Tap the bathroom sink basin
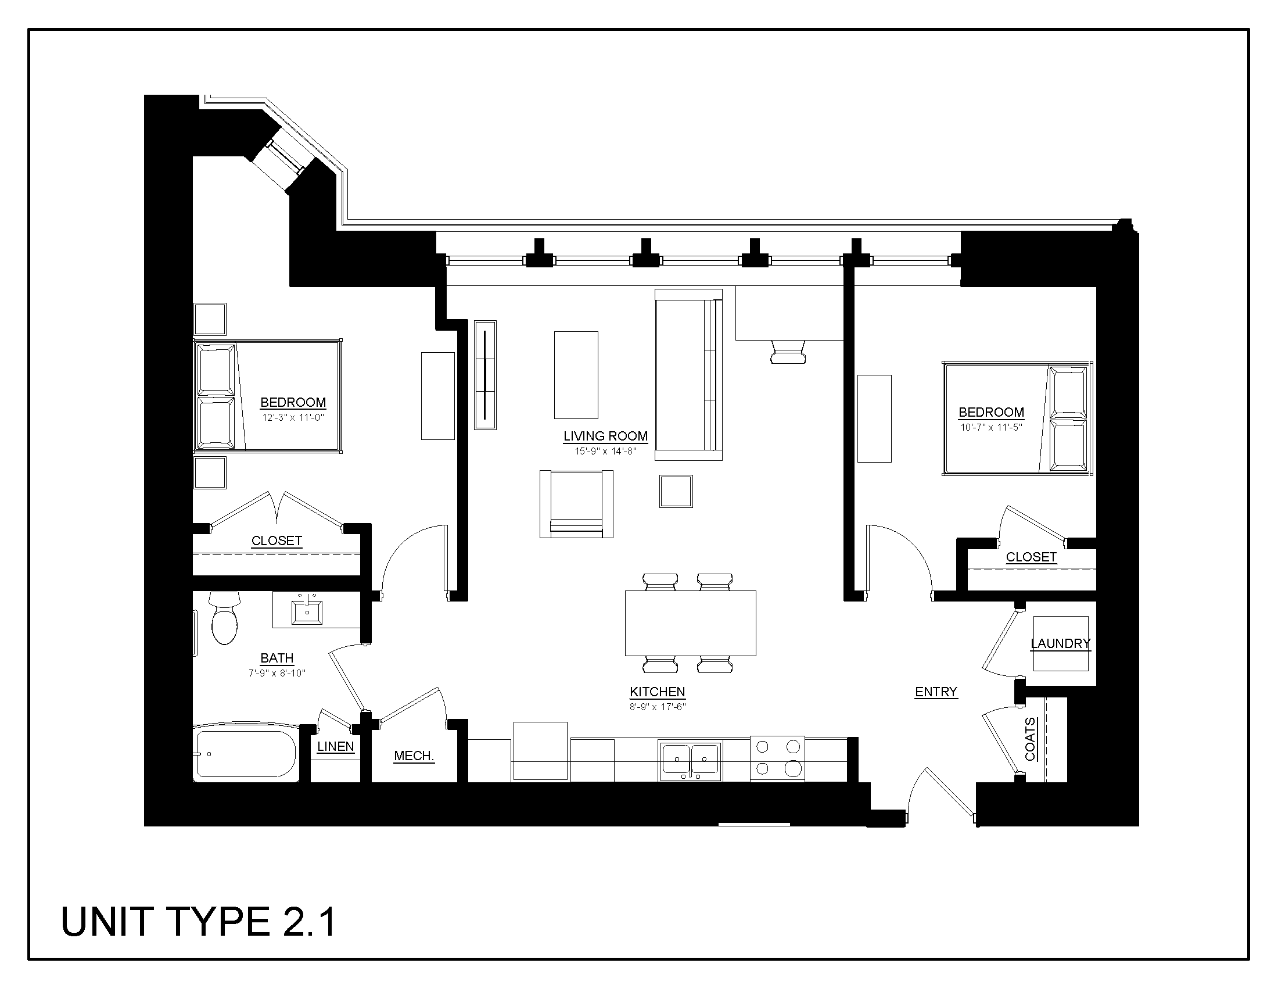tap(307, 612)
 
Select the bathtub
tap(246, 754)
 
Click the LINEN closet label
tap(335, 747)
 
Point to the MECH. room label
tap(414, 756)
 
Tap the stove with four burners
tap(778, 758)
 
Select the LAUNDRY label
tap(1060, 644)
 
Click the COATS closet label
tap(1031, 739)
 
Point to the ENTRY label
tap(936, 692)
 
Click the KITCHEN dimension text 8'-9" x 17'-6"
tap(657, 707)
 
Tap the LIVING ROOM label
tap(606, 436)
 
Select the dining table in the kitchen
tap(691, 623)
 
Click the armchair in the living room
tap(576, 504)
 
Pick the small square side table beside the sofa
tap(676, 491)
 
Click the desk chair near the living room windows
tap(788, 352)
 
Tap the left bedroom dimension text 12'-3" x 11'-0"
tap(293, 418)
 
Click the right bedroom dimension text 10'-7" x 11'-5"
tap(991, 427)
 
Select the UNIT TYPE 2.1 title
tap(198, 922)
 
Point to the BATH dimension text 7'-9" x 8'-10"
tap(277, 673)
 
